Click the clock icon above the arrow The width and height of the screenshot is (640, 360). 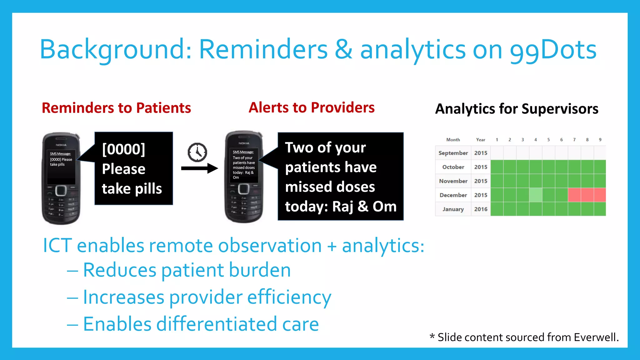coord(197,152)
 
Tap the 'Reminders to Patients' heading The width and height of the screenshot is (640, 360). coord(116,108)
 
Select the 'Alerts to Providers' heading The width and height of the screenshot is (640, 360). coord(311,107)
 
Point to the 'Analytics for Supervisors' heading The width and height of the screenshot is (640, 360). coord(517,109)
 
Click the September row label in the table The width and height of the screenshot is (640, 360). coord(453,153)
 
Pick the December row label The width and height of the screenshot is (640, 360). coord(453,195)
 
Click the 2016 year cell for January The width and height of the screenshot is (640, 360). coord(481,209)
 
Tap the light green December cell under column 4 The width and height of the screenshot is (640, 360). coord(536,195)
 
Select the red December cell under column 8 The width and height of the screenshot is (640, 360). coord(587,195)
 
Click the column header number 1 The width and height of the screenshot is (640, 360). coord(497,140)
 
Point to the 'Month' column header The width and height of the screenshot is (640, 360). coord(453,140)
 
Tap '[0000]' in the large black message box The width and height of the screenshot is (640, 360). coord(124,149)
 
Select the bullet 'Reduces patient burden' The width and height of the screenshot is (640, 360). coord(187,270)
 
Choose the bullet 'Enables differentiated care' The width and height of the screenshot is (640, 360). coord(201,324)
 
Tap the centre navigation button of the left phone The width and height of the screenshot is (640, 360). coord(61,190)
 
